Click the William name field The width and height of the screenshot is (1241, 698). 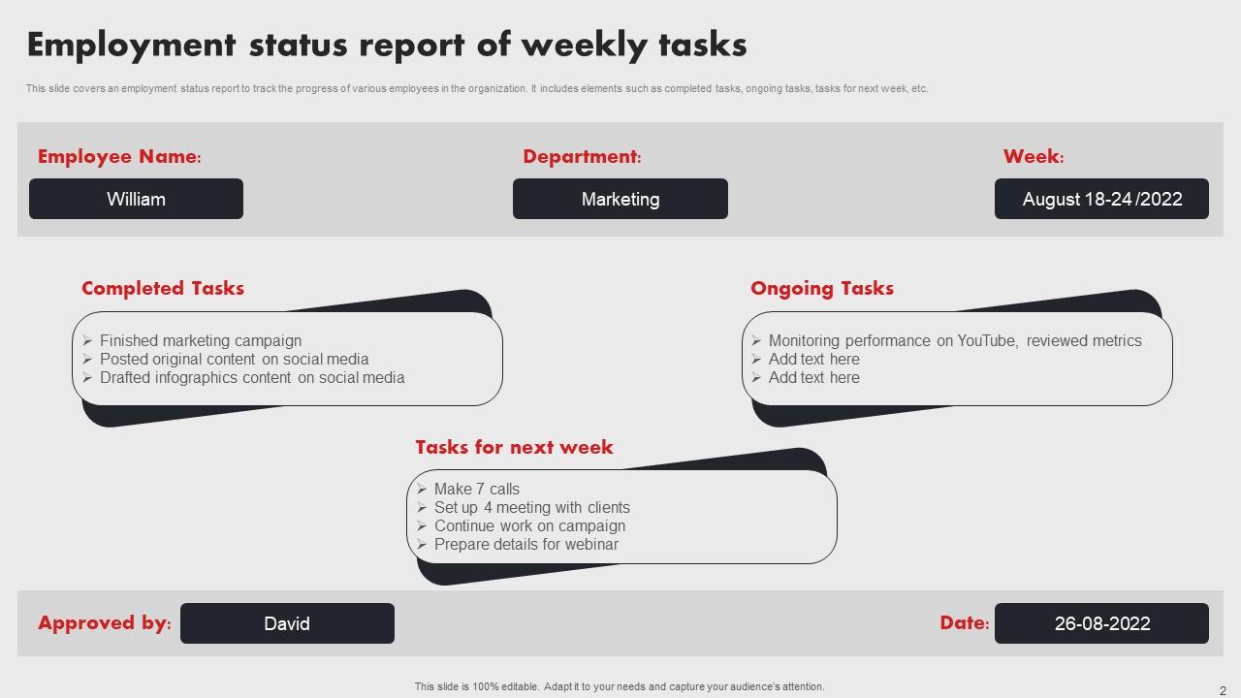[x=136, y=199]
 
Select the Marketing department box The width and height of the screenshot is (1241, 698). [x=620, y=199]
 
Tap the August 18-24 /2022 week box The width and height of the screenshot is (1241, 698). [x=1101, y=199]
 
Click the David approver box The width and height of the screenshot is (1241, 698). [x=287, y=623]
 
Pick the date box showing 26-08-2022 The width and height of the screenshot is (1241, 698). [x=1101, y=623]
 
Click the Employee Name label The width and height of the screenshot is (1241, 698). [x=119, y=157]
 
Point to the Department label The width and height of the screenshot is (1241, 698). [x=582, y=157]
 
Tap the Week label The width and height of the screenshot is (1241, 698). [x=1034, y=157]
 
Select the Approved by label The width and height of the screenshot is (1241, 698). [x=104, y=623]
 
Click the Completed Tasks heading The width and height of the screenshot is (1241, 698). [x=163, y=288]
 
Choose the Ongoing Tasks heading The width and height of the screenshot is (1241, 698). [x=822, y=288]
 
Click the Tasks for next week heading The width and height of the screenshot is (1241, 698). [x=514, y=447]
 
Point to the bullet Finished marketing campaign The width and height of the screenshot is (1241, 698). [x=201, y=340]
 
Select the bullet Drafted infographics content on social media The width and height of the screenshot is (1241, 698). [x=252, y=377]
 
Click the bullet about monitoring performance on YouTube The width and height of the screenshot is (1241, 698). [x=955, y=340]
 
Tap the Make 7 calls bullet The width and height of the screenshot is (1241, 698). [x=477, y=489]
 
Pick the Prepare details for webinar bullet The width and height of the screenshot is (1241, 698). [x=526, y=544]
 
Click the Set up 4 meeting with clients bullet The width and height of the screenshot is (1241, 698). [x=532, y=507]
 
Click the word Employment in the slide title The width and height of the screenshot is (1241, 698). [x=132, y=46]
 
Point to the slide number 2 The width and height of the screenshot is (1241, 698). [x=1223, y=690]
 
